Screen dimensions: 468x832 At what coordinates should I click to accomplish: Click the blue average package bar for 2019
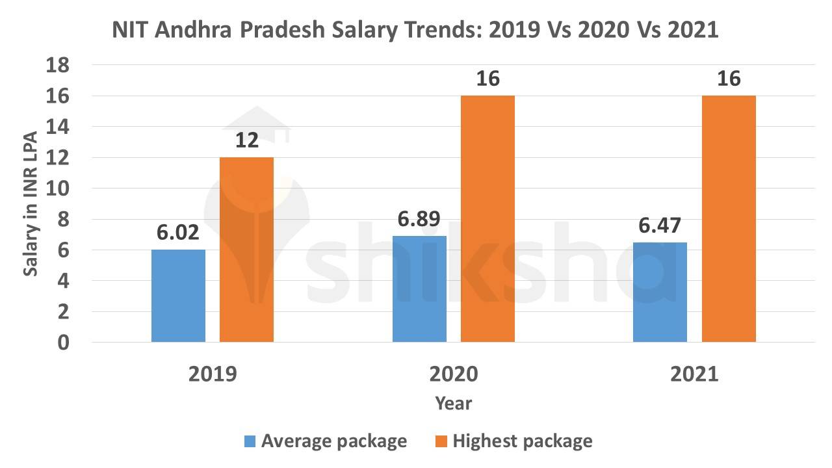pos(178,296)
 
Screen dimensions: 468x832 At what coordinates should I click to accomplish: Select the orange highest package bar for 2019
pos(246,250)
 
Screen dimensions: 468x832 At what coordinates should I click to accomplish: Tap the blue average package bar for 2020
pos(419,289)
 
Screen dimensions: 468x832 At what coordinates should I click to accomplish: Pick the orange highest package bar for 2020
pos(487,218)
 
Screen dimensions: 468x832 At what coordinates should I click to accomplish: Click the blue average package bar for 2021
pos(660,292)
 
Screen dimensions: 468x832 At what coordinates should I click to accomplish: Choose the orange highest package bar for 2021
pos(729,218)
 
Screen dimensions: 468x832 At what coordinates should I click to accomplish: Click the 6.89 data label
pos(419,219)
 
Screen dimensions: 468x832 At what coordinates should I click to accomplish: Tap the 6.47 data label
pos(660,226)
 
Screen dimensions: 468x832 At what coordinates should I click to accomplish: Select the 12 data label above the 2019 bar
pos(246,141)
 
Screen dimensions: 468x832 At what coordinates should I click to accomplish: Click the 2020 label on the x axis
pos(454,375)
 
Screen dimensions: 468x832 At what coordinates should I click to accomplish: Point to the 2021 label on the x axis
pos(694,375)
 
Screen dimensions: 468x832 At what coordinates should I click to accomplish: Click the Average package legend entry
pos(325,441)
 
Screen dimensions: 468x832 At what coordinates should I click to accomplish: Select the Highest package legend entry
pos(513,441)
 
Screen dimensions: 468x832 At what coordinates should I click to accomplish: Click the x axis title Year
pos(454,404)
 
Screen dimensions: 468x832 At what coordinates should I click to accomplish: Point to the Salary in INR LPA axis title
pos(31,203)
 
